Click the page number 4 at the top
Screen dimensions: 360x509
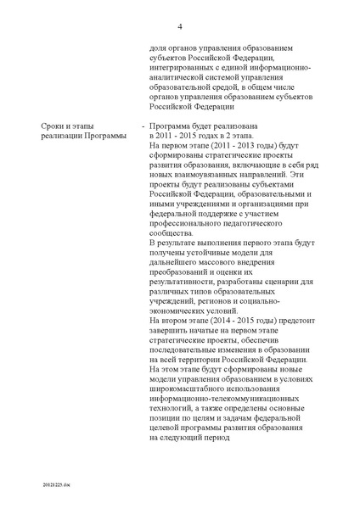pyautogui.click(x=180, y=26)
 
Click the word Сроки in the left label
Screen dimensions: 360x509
pyautogui.click(x=53, y=125)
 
